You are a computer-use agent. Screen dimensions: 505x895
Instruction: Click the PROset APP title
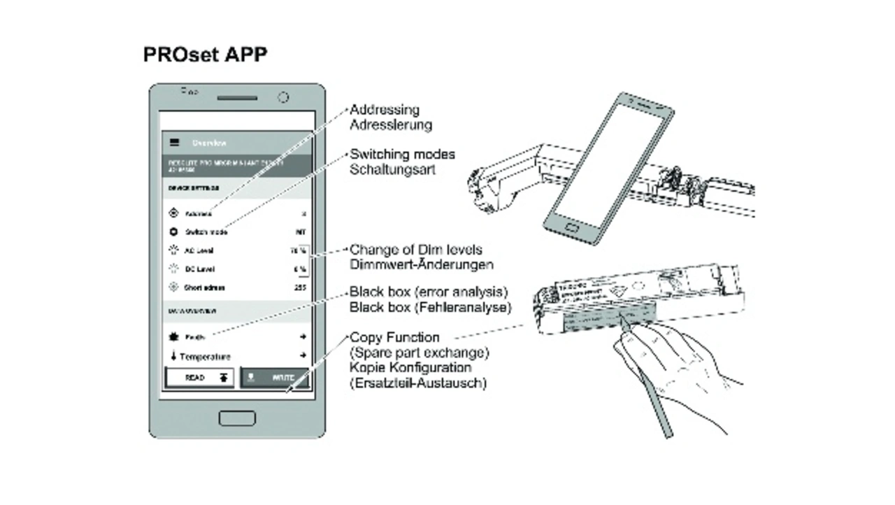pyautogui.click(x=205, y=55)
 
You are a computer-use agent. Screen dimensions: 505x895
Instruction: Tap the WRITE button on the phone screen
pyautogui.click(x=275, y=378)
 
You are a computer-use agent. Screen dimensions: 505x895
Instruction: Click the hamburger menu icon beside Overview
pyautogui.click(x=174, y=143)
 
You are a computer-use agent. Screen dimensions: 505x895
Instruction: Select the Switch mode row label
pyautogui.click(x=206, y=232)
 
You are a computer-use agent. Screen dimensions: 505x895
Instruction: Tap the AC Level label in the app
pyautogui.click(x=199, y=250)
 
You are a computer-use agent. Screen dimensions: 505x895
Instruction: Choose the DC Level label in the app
pyautogui.click(x=199, y=269)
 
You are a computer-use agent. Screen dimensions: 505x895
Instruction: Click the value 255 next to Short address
pyautogui.click(x=300, y=287)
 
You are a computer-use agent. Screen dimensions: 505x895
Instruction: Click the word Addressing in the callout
pyautogui.click(x=385, y=110)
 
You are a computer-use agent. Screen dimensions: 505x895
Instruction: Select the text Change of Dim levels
pyautogui.click(x=415, y=250)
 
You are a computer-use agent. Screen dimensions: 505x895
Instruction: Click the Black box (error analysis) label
pyautogui.click(x=428, y=292)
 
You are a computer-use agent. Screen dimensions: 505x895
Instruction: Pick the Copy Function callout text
pyautogui.click(x=394, y=338)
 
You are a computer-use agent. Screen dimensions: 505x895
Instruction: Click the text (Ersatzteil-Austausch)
pyautogui.click(x=418, y=383)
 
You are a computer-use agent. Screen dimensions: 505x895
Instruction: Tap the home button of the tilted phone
pyautogui.click(x=573, y=229)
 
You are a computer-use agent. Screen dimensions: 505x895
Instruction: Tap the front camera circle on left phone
pyautogui.click(x=283, y=97)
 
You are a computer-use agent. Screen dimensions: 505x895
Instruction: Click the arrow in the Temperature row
pyautogui.click(x=303, y=356)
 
